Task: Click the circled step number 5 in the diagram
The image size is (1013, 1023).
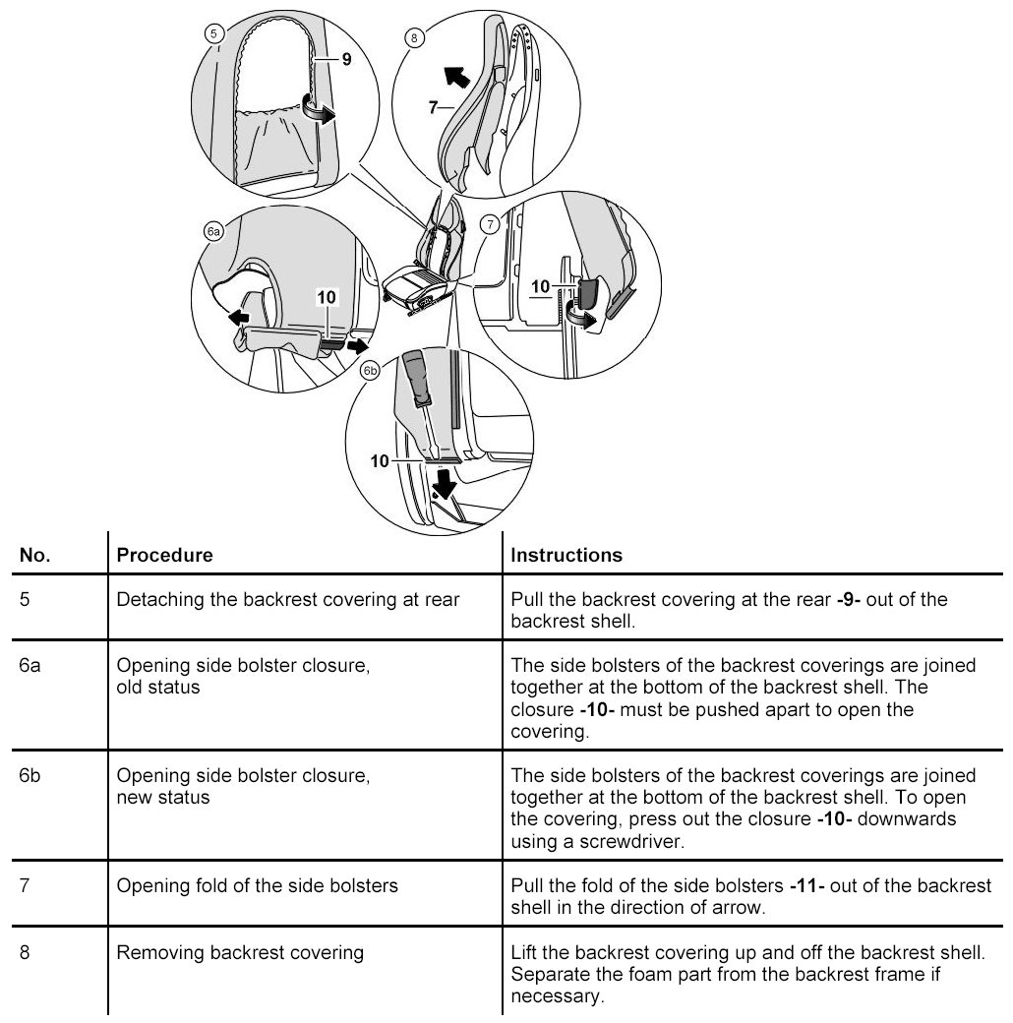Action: (x=214, y=32)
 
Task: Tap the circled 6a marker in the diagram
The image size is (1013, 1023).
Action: (x=212, y=232)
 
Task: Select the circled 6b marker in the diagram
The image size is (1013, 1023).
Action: (x=370, y=372)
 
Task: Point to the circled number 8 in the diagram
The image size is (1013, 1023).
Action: (x=414, y=38)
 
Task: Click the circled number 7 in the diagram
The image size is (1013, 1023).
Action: (x=489, y=225)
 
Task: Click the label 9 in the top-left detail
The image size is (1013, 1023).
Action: (x=346, y=59)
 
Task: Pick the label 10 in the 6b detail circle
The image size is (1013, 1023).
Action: (x=379, y=461)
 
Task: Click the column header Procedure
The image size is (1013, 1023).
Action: (x=164, y=555)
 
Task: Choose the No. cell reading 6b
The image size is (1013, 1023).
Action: (x=31, y=776)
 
